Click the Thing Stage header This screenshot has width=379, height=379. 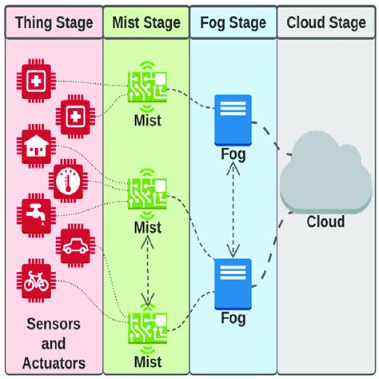[x=54, y=22]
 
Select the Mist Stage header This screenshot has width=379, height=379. [x=146, y=22]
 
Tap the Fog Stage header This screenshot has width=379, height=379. [x=233, y=22]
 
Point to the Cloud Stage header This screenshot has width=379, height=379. [x=326, y=22]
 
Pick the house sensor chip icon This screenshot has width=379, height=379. [x=36, y=146]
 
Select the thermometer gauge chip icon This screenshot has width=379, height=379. [x=68, y=181]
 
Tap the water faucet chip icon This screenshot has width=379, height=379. [x=36, y=215]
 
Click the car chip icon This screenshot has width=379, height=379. [x=75, y=245]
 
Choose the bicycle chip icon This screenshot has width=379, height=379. [x=36, y=281]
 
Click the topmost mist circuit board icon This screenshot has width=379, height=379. [x=147, y=86]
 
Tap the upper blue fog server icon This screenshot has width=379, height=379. [x=233, y=120]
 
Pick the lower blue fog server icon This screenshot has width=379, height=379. [x=233, y=284]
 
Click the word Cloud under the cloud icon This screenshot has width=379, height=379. [x=325, y=221]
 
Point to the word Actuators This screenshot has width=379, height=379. [x=54, y=363]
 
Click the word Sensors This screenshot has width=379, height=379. [x=54, y=324]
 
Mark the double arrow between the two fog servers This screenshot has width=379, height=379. [x=233, y=210]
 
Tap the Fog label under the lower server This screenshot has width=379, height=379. [x=233, y=318]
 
